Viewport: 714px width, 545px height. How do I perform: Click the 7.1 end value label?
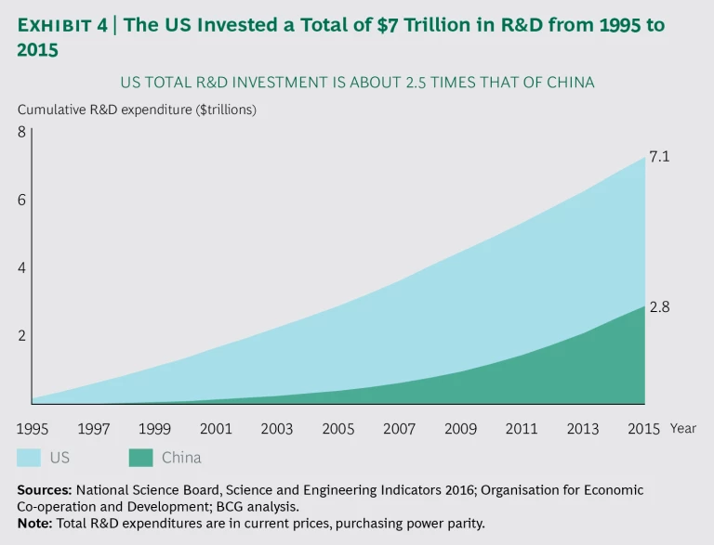(659, 157)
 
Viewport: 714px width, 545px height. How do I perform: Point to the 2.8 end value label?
(659, 307)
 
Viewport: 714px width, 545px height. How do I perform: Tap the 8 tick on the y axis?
(21, 132)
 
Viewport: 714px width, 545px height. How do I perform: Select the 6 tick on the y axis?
(21, 200)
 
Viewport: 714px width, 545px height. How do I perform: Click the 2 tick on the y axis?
(21, 335)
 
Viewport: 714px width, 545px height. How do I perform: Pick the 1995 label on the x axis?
(33, 428)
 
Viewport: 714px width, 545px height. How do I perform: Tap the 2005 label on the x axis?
(337, 428)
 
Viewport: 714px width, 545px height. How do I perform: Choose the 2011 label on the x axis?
(522, 428)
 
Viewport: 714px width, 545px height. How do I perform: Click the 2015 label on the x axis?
(643, 428)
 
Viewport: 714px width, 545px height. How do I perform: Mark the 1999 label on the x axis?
(154, 428)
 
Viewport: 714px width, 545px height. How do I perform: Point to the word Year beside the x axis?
(682, 428)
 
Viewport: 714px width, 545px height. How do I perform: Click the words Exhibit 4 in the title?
(61, 26)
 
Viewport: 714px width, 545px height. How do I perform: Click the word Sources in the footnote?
(43, 489)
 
